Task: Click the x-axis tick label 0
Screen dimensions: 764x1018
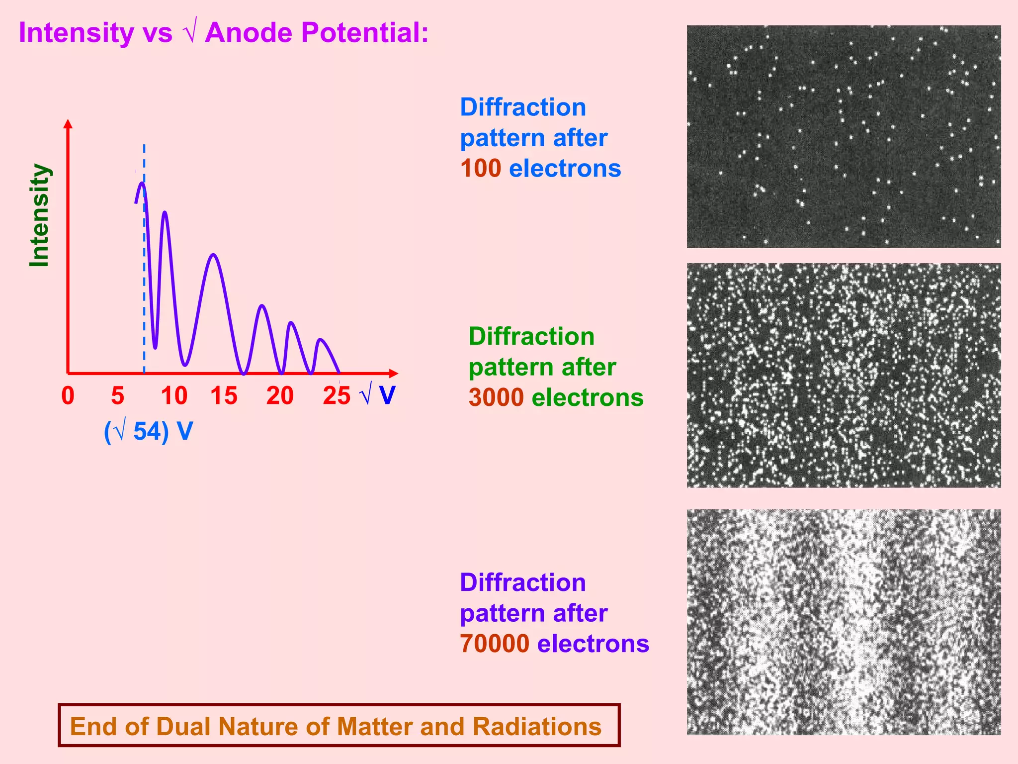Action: click(x=68, y=396)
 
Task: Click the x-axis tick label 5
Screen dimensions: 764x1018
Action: click(x=117, y=396)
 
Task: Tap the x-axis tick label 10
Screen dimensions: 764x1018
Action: click(x=174, y=396)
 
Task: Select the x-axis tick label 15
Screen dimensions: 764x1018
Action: click(x=224, y=396)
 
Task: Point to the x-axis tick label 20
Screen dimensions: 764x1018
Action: click(x=280, y=396)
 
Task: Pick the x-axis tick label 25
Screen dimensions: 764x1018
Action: click(x=337, y=396)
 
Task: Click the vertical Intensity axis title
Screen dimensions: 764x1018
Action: click(x=39, y=215)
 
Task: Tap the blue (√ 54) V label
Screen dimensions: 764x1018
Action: click(x=148, y=431)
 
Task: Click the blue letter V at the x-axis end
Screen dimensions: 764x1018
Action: click(x=387, y=395)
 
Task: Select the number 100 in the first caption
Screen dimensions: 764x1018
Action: click(x=480, y=169)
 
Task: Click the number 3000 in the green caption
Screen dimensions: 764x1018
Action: click(x=496, y=398)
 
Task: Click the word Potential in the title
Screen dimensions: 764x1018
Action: click(x=365, y=33)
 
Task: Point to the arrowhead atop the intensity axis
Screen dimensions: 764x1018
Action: click(x=68, y=123)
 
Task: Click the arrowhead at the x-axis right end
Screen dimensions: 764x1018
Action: click(x=394, y=373)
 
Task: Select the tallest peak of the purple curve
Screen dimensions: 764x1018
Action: click(x=142, y=183)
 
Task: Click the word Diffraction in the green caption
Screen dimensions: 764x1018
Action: click(x=531, y=337)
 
